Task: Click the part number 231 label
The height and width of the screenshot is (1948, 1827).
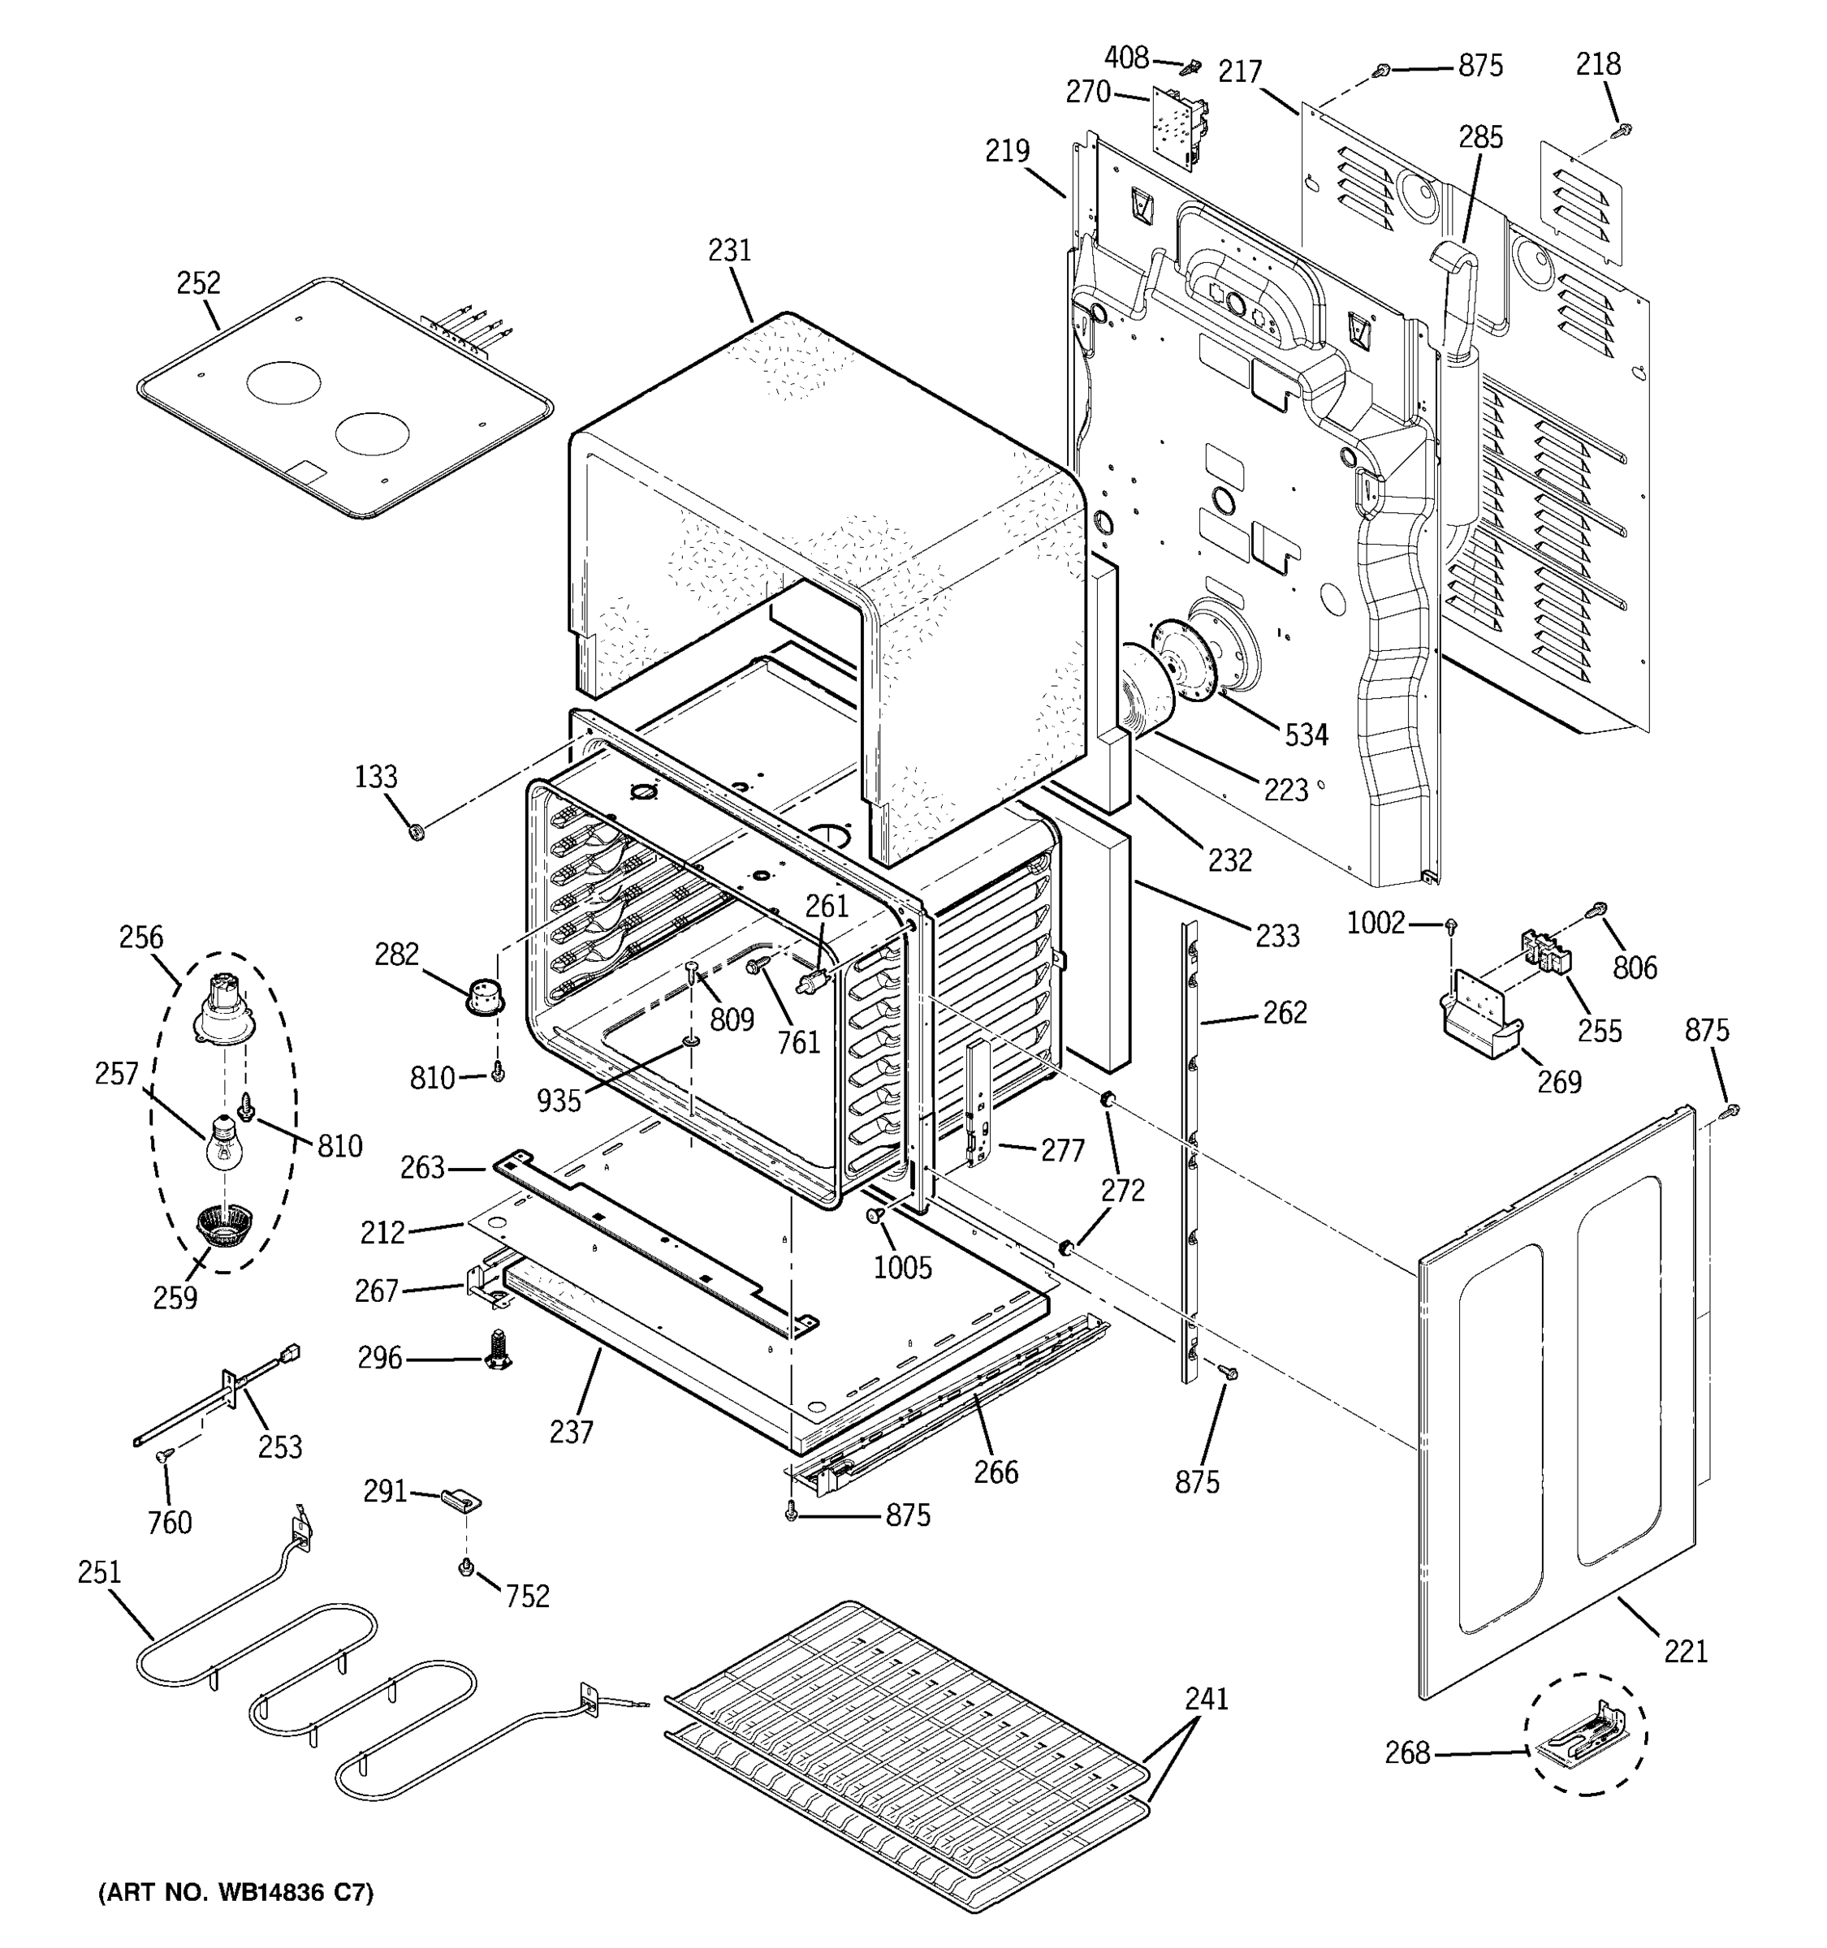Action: click(x=729, y=251)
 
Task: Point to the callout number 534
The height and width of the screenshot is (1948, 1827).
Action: click(x=1307, y=735)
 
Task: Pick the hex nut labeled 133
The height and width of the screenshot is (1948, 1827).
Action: click(x=416, y=833)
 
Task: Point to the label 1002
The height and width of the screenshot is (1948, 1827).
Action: click(x=1376, y=923)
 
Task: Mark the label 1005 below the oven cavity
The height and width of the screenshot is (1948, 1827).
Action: click(x=903, y=1268)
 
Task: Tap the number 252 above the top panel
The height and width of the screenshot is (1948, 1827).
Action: click(x=198, y=283)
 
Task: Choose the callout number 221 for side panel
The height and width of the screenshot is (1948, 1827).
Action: click(x=1686, y=1651)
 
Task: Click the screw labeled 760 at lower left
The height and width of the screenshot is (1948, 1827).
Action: click(x=162, y=1457)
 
